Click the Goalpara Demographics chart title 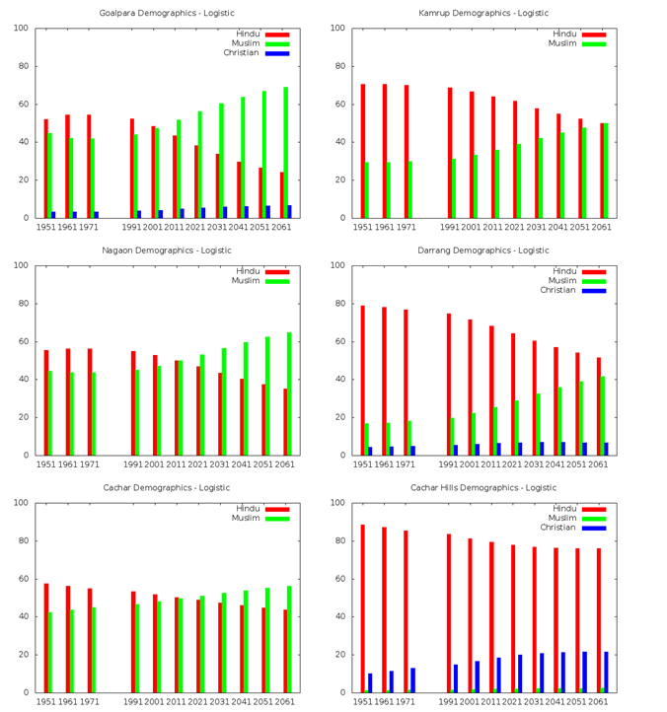tap(166, 13)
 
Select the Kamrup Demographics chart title tap(483, 13)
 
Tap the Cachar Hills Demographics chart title tap(483, 487)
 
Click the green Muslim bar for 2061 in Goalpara tap(286, 153)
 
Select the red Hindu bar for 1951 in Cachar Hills tap(362, 608)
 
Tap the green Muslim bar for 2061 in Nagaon tap(289, 393)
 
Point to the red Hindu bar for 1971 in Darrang tap(406, 383)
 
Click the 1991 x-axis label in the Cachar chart tap(133, 701)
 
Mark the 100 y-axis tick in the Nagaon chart tap(22, 265)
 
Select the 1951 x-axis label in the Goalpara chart tap(46, 227)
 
